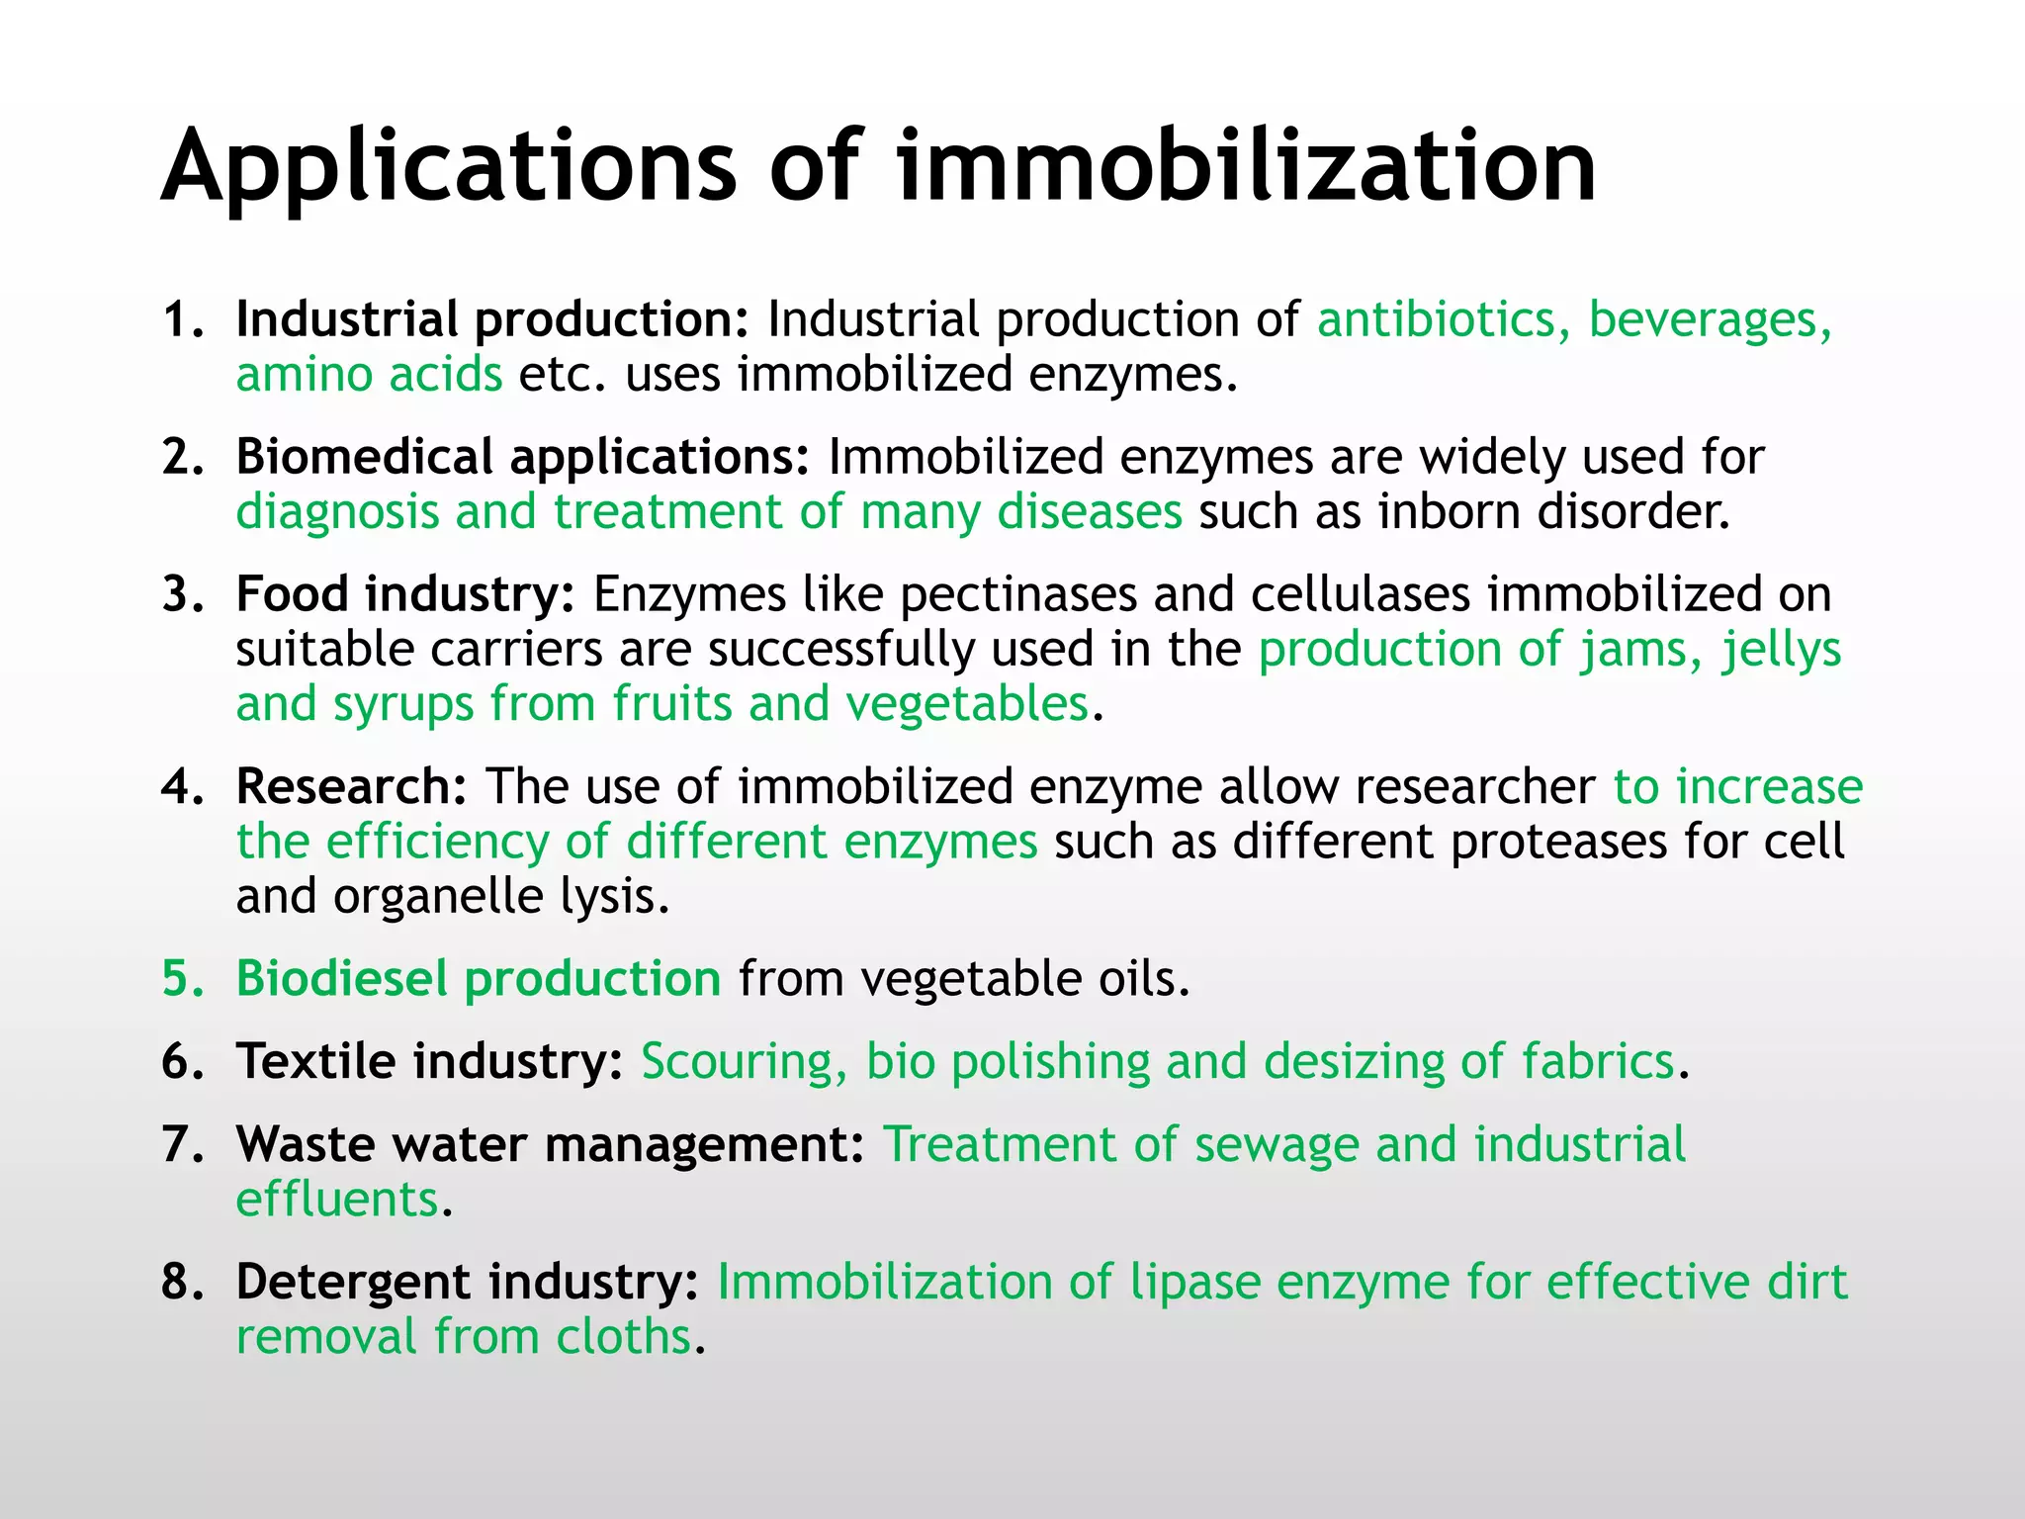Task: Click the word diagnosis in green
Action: click(337, 512)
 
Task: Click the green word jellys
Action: click(1781, 651)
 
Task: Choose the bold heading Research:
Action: click(351, 787)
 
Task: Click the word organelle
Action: click(438, 897)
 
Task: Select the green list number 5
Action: click(181, 979)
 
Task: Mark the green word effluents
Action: click(337, 1200)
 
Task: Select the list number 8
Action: click(181, 1283)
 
